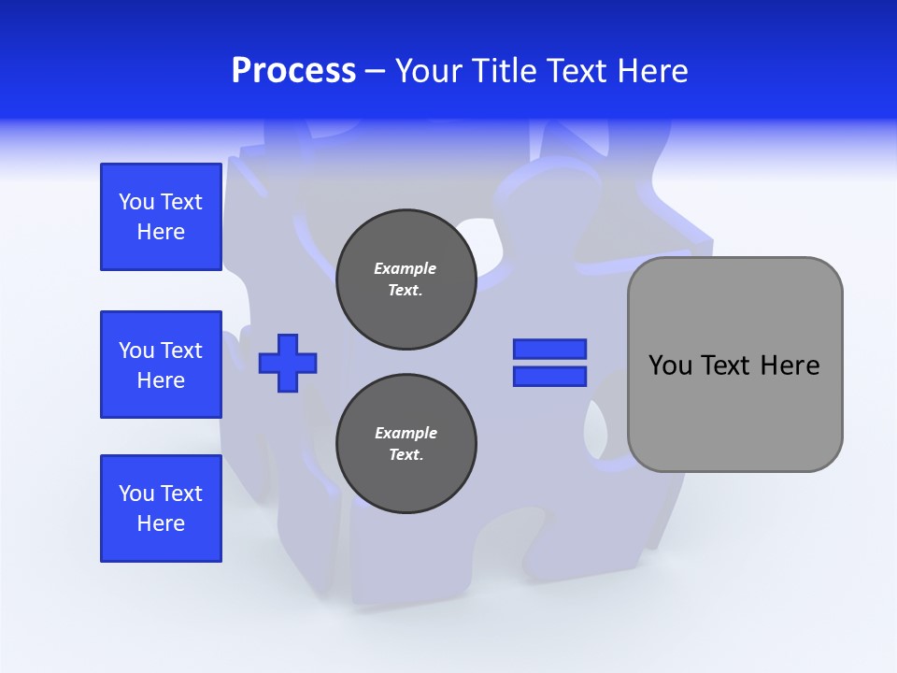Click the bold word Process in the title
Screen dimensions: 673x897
[293, 70]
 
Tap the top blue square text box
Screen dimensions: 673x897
[161, 217]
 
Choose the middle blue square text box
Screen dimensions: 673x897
[161, 365]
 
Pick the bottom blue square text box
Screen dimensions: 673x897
[161, 508]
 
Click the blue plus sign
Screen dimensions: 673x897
[288, 363]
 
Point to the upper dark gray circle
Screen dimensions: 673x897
[406, 279]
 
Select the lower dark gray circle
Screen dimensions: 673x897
[406, 444]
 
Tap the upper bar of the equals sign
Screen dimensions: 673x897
[549, 349]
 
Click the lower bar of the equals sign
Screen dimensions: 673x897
[549, 376]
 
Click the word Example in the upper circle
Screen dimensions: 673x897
[406, 268]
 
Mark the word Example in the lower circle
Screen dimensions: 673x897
[406, 433]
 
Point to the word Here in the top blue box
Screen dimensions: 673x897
[161, 232]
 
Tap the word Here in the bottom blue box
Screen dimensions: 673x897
[161, 523]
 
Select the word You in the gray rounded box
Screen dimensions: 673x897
[670, 365]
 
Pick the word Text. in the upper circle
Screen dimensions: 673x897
[406, 290]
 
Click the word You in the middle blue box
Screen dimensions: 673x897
[136, 351]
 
